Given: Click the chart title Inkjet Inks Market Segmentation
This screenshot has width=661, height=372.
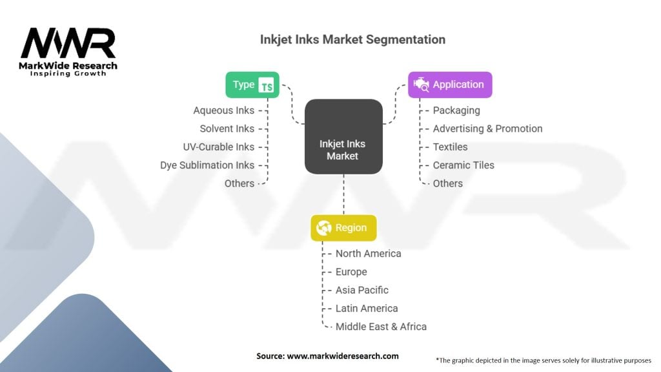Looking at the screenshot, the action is point(352,39).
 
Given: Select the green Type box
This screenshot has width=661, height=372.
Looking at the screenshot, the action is point(252,85).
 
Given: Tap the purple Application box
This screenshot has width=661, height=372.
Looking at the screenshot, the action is point(450,85).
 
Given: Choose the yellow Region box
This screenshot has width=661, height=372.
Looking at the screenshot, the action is point(343,228).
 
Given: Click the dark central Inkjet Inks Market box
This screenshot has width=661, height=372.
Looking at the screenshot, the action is point(343,136).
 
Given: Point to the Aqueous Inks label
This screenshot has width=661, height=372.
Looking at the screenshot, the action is point(223,110).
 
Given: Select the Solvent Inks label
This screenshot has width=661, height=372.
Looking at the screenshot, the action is point(227,129).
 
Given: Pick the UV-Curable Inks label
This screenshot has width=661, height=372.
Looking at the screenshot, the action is point(218,147).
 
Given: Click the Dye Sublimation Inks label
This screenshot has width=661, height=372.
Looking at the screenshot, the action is point(207,165).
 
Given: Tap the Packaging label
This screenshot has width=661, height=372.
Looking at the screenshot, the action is point(456,110).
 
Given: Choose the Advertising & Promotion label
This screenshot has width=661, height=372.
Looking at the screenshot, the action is point(487,129).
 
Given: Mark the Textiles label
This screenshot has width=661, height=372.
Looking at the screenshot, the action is point(450,147).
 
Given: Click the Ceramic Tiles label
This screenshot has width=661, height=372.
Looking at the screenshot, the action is point(463,165).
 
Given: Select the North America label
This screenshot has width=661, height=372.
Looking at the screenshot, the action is point(368,254).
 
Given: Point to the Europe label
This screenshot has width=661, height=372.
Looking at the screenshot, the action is point(351,272).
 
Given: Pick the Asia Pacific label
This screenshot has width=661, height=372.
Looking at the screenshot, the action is point(362,290).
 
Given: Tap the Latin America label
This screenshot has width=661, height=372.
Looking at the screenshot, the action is point(367,308).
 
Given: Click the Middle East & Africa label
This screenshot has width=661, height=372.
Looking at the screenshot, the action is point(381,327).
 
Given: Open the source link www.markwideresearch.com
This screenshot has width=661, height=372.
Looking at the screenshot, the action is point(342,356).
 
